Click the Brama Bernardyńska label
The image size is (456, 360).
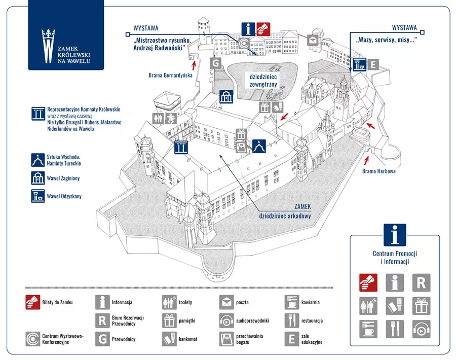click(x=170, y=76)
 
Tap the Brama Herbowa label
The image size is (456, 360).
click(x=378, y=171)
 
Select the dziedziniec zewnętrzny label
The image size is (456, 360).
click(x=263, y=81)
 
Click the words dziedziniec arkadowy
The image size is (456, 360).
click(x=285, y=216)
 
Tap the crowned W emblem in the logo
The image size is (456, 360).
click(x=48, y=46)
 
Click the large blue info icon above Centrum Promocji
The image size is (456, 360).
click(x=395, y=235)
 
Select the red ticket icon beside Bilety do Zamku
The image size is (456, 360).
click(x=32, y=302)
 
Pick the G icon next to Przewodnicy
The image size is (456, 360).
click(x=102, y=339)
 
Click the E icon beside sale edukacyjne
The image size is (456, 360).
click(x=292, y=339)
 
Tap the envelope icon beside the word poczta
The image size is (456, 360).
click(x=226, y=302)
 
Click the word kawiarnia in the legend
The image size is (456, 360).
click(x=310, y=302)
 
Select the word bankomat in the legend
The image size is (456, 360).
click(x=188, y=339)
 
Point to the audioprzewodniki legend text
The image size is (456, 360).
click(x=252, y=321)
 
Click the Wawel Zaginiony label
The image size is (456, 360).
click(x=63, y=178)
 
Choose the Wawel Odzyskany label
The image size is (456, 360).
click(x=64, y=196)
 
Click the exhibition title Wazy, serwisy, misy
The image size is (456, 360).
click(x=386, y=40)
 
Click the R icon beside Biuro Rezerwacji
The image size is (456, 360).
click(x=102, y=320)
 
